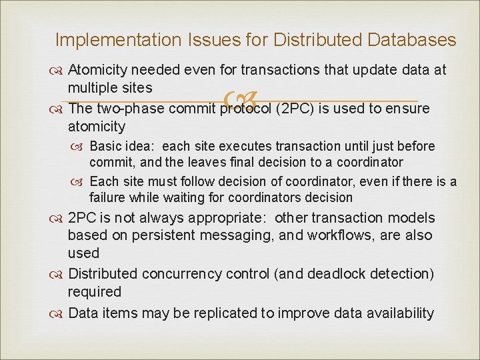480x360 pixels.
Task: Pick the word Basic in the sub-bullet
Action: (x=105, y=146)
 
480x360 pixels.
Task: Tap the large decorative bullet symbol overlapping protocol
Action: (x=238, y=101)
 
